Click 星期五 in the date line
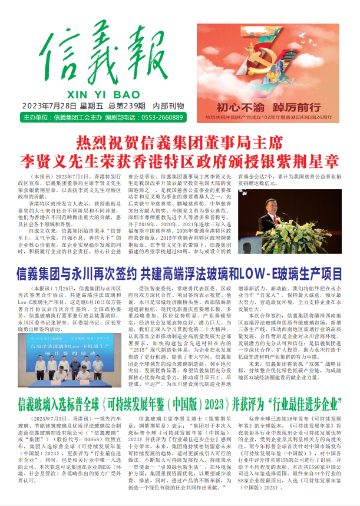click(x=93, y=106)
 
